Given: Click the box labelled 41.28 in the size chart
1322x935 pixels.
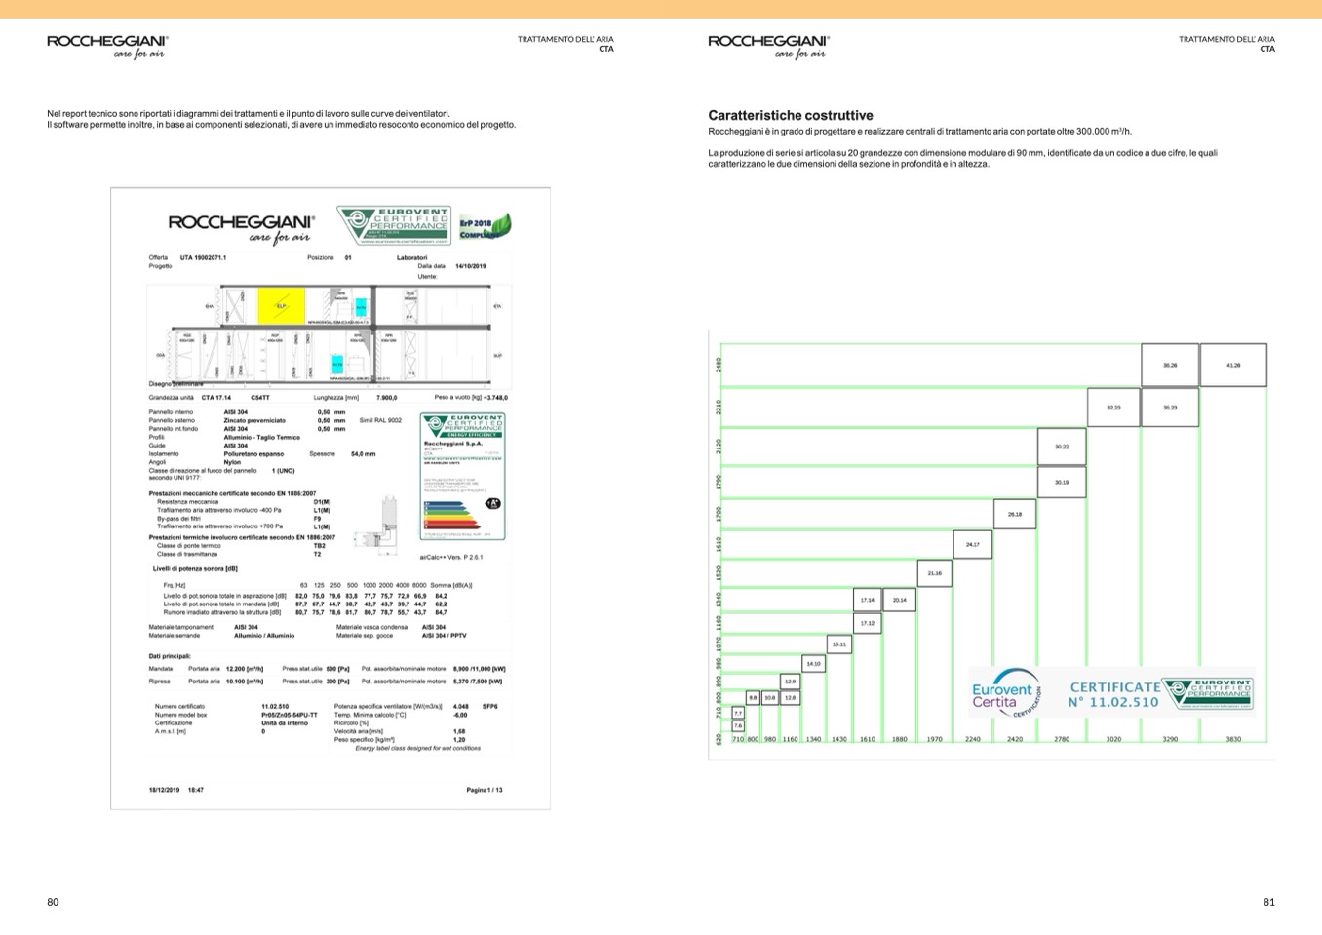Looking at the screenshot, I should tap(1233, 365).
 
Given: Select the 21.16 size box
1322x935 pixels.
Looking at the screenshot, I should tap(934, 573).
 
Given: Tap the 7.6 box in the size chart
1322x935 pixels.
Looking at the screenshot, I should tap(738, 726).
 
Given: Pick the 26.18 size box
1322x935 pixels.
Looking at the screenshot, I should tap(1015, 514).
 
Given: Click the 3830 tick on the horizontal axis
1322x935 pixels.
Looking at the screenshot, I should tap(1233, 739).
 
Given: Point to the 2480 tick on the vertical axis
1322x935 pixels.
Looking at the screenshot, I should tap(719, 365).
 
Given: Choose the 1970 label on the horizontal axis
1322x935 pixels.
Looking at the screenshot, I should tap(934, 739).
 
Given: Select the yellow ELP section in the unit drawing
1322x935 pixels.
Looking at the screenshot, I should tap(281, 306).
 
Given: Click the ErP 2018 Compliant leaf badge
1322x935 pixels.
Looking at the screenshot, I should tap(485, 227).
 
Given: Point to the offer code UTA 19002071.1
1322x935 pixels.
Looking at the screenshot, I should tap(203, 257).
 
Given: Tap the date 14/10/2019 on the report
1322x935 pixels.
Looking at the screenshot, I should tap(470, 266).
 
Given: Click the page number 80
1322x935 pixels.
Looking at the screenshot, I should tap(53, 902).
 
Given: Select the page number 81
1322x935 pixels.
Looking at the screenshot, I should tap(1268, 902).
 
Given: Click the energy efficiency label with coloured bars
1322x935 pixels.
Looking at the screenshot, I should tap(462, 477).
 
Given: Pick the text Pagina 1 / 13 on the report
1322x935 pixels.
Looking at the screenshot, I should tap(485, 790).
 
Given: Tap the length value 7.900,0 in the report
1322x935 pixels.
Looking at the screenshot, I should tap(387, 398).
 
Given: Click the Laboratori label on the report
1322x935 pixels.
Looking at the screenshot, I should tap(411, 257).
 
